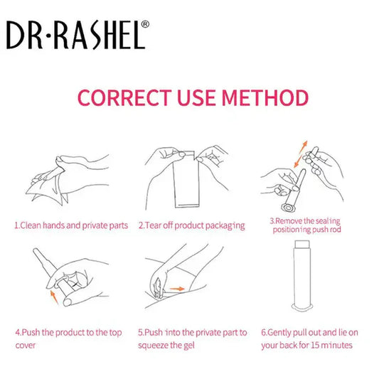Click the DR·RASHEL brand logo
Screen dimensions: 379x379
coord(75,33)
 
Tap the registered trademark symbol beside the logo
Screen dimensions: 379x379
coord(146,23)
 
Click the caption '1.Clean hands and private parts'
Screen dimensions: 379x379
coord(71,225)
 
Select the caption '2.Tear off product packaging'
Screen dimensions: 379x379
coord(191,225)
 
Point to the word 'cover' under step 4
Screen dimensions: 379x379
coord(25,346)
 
